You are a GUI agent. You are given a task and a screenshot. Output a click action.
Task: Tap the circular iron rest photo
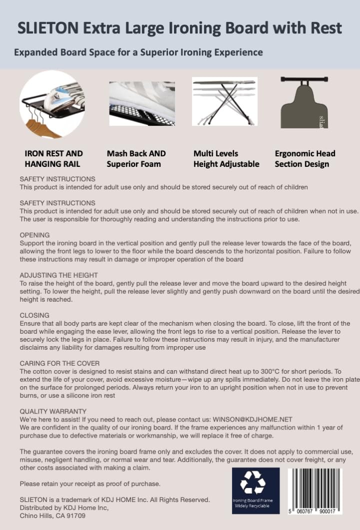pyautogui.click(x=51, y=104)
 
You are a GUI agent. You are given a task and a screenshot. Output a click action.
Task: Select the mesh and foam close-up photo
pyautogui.click(x=142, y=103)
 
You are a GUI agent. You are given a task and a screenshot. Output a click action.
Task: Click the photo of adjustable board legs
pyautogui.click(x=224, y=101)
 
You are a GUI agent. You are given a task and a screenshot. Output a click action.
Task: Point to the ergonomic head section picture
pyautogui.click(x=304, y=102)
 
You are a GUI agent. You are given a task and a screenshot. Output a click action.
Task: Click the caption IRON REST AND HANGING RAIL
pyautogui.click(x=54, y=158)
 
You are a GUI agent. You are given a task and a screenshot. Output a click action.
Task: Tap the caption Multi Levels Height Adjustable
pyautogui.click(x=226, y=158)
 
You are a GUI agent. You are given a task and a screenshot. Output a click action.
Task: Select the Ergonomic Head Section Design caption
pyautogui.click(x=305, y=158)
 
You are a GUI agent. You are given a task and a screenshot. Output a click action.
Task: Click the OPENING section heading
pyautogui.click(x=34, y=235)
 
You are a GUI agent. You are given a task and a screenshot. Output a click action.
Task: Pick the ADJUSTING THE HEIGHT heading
pyautogui.click(x=58, y=275)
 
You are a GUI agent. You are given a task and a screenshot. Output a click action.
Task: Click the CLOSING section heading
pyautogui.click(x=34, y=315)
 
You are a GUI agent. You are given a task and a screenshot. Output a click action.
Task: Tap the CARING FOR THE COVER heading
pyautogui.click(x=59, y=363)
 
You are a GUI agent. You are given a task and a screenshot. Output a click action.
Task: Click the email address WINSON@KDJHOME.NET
pyautogui.click(x=252, y=419)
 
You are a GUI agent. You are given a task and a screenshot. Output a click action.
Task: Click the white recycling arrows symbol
pyautogui.click(x=252, y=482)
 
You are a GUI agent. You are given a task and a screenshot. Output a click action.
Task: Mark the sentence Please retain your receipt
pyautogui.click(x=90, y=484)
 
